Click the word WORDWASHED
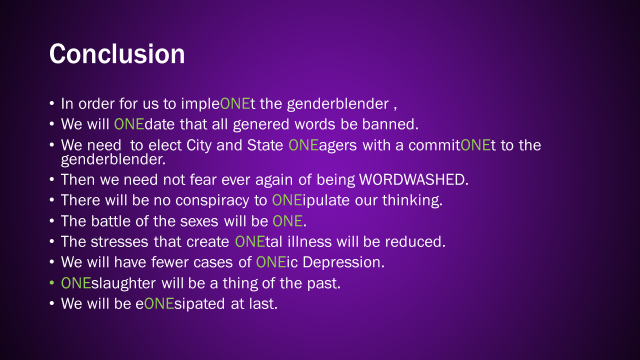[x=413, y=179]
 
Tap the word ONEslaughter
[x=108, y=283]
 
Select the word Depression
[x=343, y=262]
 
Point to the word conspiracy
[x=212, y=200]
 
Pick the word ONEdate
[x=144, y=124]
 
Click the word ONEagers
[x=322, y=145]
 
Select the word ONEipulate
[x=311, y=200]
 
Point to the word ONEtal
[x=258, y=241]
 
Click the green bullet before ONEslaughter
[x=51, y=283]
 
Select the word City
[x=198, y=145]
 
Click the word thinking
[x=412, y=200]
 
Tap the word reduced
[x=415, y=241]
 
